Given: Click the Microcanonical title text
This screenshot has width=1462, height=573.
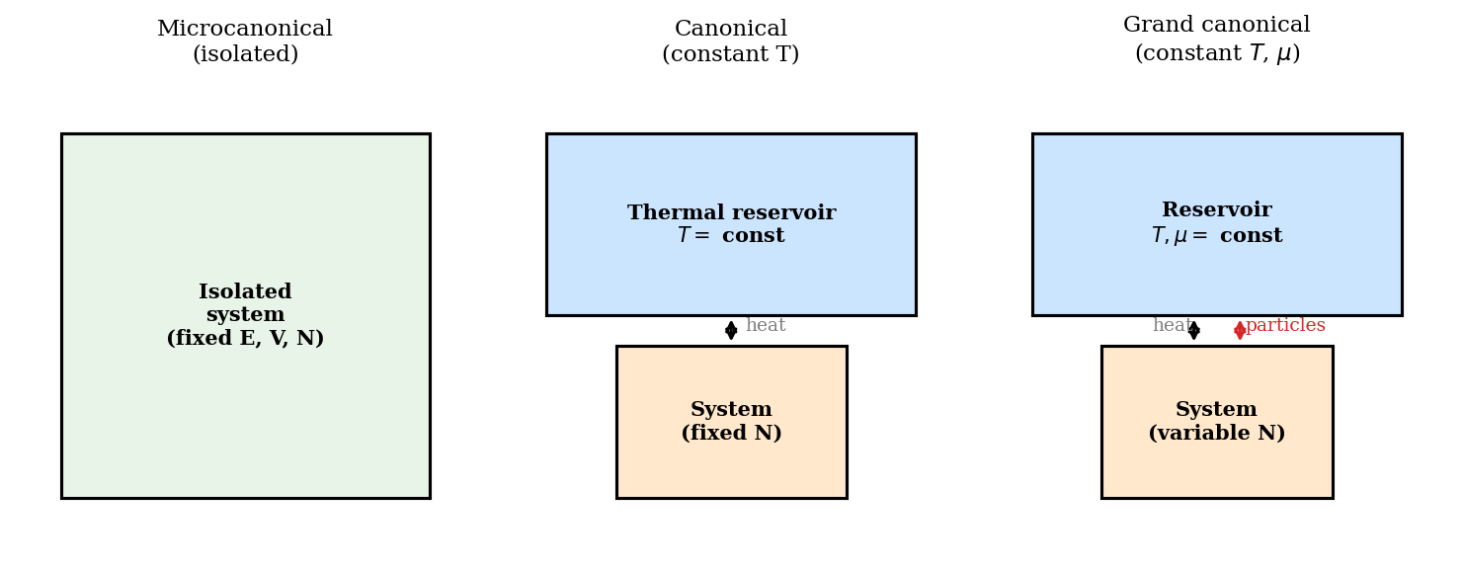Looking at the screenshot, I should tap(245, 30).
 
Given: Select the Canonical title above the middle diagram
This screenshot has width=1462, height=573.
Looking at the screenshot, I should tap(731, 30).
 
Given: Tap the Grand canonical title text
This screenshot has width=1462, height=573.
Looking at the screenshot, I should tap(1216, 26).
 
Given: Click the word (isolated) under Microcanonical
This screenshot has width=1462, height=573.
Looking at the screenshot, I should tap(245, 55).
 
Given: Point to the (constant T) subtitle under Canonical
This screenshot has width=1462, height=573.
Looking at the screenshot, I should tap(731, 55).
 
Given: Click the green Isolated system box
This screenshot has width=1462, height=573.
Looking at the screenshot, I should tap(245, 415).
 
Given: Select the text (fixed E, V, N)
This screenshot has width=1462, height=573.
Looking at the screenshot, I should tap(245, 339).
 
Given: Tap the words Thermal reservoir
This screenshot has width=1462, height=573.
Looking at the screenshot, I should tap(731, 213).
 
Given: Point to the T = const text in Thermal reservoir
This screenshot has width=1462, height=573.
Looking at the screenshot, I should tap(731, 237).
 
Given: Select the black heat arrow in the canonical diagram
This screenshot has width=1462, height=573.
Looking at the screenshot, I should tap(731, 330).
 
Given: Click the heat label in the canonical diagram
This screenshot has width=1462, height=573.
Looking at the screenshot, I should tap(766, 326).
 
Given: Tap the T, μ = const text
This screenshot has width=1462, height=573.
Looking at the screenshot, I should tap(1216, 237).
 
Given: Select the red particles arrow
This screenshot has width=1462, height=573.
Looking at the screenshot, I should tap(1240, 330).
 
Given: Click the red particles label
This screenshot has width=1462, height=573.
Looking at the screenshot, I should tap(1285, 326).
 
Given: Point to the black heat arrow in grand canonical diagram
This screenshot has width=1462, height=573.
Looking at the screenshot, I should tap(1194, 330).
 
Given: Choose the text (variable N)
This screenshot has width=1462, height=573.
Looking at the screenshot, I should tap(1216, 434).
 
